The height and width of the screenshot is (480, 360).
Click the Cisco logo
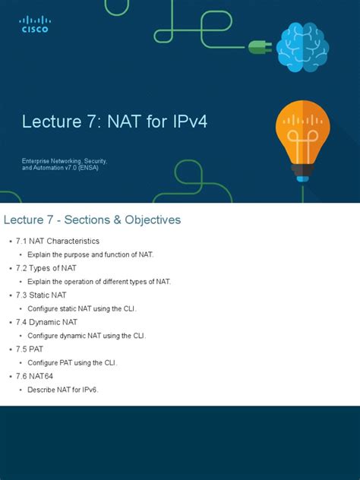[x=34, y=24]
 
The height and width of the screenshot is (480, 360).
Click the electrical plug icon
[x=259, y=47]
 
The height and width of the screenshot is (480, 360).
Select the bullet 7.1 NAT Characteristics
[x=58, y=241]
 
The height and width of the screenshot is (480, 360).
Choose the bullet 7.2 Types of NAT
[x=52, y=268]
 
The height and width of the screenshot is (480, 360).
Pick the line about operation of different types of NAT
[x=99, y=282]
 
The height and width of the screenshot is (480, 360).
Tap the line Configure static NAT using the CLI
[x=82, y=308]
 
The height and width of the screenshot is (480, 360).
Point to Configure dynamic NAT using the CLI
[x=87, y=336]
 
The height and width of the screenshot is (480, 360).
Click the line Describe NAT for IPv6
[x=63, y=390]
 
